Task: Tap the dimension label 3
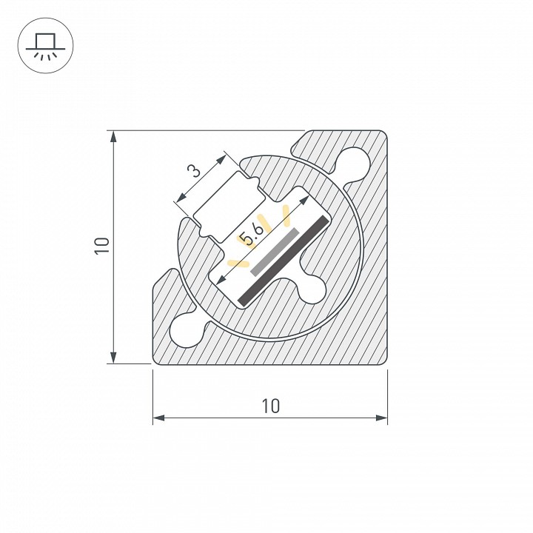point(194,170)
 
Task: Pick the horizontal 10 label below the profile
point(270,406)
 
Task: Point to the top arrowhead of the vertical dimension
point(113,136)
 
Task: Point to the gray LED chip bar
point(275,252)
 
